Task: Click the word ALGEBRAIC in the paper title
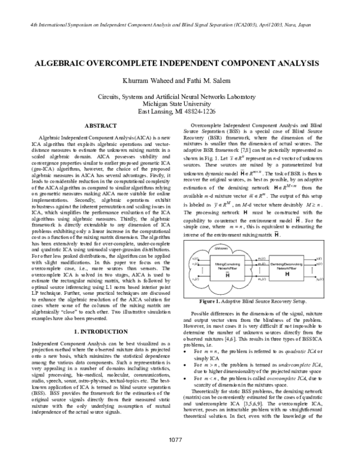coord(64,62)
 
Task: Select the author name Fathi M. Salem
coord(200,80)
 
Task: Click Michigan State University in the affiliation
coord(179,103)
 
